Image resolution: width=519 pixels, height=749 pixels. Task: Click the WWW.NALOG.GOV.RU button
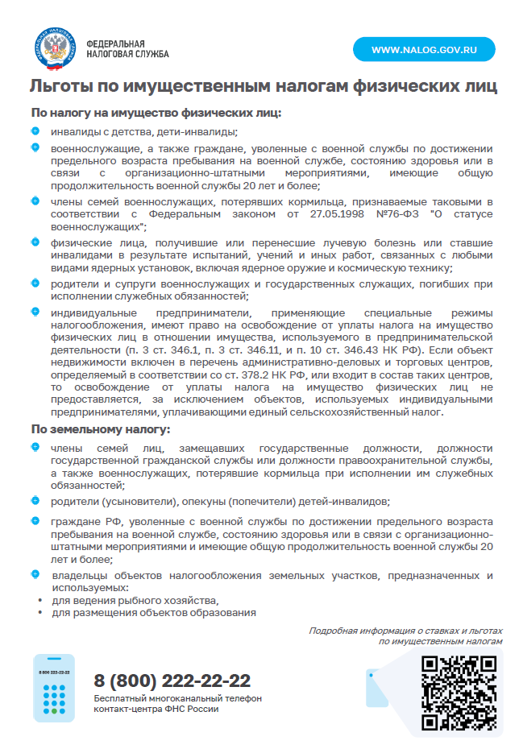[424, 49]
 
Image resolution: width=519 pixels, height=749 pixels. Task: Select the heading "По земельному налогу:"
[101, 428]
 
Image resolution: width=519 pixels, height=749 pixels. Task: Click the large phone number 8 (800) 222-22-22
[172, 681]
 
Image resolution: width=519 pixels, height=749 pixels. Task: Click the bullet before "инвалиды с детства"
[35, 130]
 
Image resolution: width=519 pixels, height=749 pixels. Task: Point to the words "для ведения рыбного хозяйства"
[135, 601]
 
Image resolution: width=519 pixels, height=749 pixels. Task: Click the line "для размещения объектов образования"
[154, 613]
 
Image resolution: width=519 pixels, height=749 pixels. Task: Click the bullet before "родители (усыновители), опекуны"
[35, 500]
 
